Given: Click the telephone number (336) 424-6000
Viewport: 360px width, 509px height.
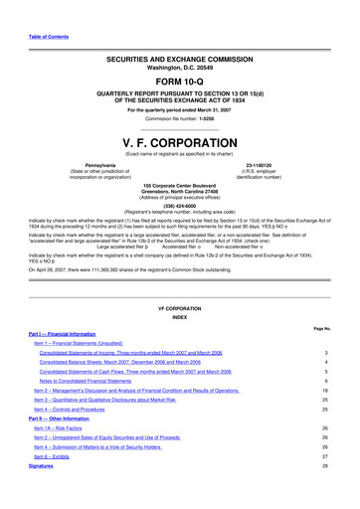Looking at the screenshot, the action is pos(179,207).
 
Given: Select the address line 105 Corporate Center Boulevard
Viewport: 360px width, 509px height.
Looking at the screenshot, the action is pos(179,185).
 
